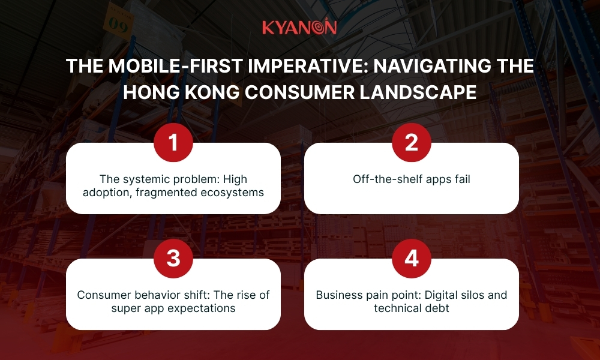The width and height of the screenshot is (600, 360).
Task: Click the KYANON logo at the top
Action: [299, 28]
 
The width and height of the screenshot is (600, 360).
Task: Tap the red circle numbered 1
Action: [173, 142]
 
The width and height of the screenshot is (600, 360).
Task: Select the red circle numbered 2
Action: [411, 142]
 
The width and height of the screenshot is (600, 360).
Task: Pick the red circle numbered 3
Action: [173, 258]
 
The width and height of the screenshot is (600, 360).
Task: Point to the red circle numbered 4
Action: [411, 258]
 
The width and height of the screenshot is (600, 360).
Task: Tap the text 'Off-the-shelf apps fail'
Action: [411, 179]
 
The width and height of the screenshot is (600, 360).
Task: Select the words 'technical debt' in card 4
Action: [411, 308]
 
